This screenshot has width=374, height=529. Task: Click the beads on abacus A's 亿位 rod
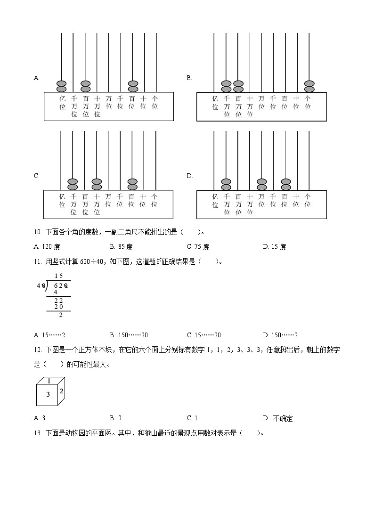tap(61, 86)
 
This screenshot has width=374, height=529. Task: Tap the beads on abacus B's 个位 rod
tap(309, 86)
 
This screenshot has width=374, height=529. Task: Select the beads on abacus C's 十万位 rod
tap(97, 184)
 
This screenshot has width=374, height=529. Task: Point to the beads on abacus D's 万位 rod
tap(262, 184)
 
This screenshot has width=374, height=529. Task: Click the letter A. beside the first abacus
tap(36, 78)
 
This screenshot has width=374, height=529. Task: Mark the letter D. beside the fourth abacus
tap(190, 176)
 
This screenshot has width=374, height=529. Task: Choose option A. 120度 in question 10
tap(47, 246)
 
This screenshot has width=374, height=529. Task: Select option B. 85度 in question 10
tap(122, 246)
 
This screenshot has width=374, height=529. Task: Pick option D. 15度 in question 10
tap(275, 246)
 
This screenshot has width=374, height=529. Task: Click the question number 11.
tap(38, 262)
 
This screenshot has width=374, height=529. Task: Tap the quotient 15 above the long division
tap(58, 276)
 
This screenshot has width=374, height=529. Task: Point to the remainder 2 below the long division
tap(60, 315)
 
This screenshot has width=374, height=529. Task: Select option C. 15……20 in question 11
tap(204, 335)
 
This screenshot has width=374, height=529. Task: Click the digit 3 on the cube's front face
tap(48, 395)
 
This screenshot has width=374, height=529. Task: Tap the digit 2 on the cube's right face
tap(61, 391)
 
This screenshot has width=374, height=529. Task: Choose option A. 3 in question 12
tap(40, 418)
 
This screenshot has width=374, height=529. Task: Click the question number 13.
tap(38, 433)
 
